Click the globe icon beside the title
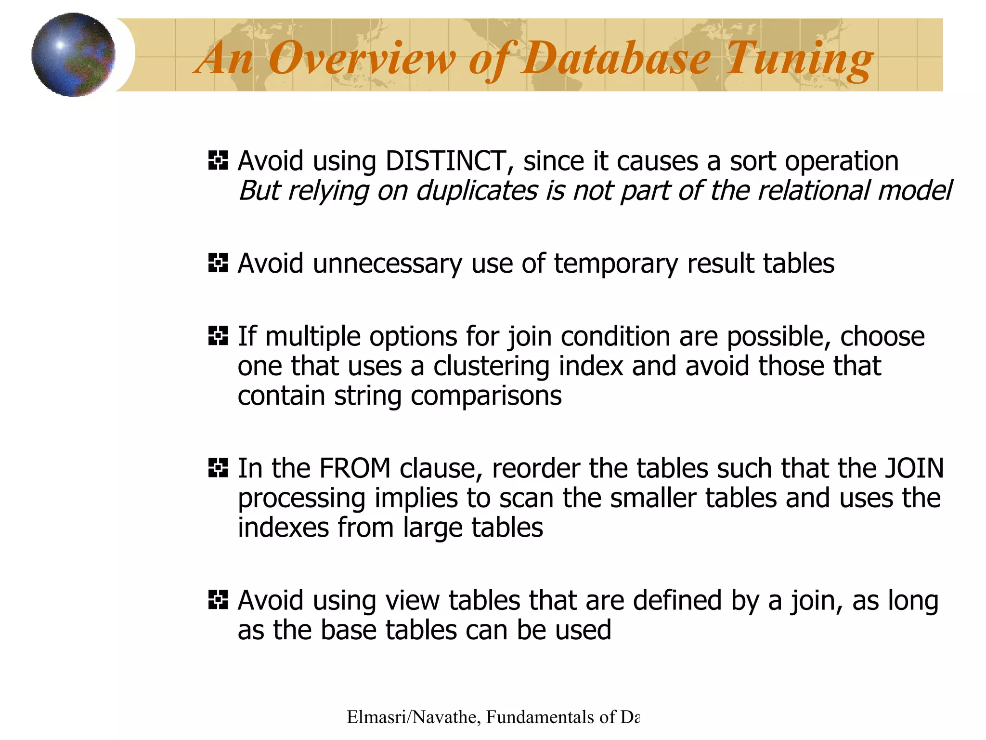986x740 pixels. (x=73, y=54)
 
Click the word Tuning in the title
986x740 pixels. (x=799, y=59)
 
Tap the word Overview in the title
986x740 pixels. (x=361, y=59)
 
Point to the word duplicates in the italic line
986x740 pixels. (x=477, y=191)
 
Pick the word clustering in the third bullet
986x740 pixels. (x=492, y=366)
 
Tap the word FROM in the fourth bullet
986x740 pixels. (x=355, y=468)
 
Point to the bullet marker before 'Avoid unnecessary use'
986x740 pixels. (x=218, y=263)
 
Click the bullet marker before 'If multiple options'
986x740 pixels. (x=218, y=336)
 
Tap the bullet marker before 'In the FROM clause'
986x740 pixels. (x=218, y=468)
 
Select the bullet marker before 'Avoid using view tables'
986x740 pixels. (x=218, y=600)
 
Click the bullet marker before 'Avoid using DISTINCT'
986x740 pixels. (x=218, y=160)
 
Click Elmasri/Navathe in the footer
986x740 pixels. (x=412, y=717)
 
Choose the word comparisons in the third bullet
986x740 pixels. (x=486, y=396)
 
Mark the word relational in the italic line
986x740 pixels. (x=814, y=191)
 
